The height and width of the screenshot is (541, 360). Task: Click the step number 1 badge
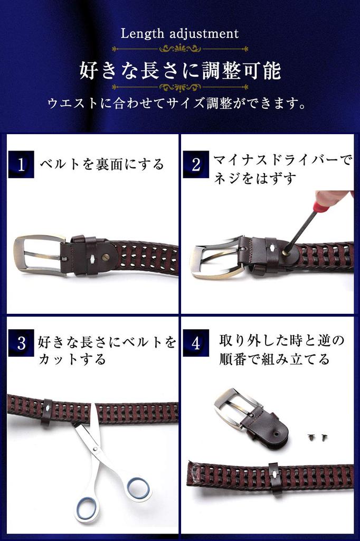click(x=21, y=164)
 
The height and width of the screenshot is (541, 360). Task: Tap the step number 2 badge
click(x=196, y=164)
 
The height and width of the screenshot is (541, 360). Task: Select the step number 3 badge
click(x=21, y=344)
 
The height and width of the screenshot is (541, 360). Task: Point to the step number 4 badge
click(x=196, y=344)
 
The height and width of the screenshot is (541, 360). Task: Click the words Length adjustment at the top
click(x=179, y=34)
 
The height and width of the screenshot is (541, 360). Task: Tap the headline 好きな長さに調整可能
click(x=180, y=70)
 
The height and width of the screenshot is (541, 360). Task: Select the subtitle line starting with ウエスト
click(x=177, y=103)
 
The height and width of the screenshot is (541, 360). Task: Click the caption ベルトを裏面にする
click(x=102, y=164)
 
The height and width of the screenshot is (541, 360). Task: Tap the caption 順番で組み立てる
click(x=274, y=359)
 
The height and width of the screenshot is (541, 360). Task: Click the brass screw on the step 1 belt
click(x=106, y=257)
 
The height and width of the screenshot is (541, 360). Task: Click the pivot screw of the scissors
click(x=94, y=449)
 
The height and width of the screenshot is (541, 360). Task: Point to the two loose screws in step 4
click(x=317, y=437)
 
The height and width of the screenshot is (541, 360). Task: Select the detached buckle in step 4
click(x=238, y=409)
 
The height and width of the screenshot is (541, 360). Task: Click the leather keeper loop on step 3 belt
click(x=47, y=412)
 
